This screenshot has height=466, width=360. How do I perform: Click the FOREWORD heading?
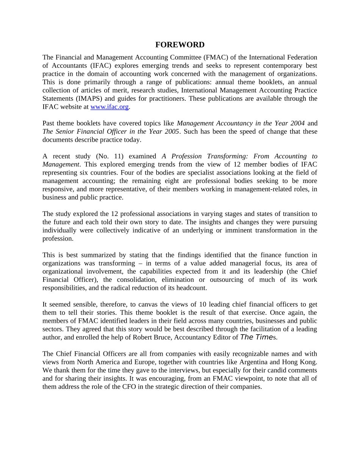(180, 45)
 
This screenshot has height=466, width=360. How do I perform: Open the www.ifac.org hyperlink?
(110, 107)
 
